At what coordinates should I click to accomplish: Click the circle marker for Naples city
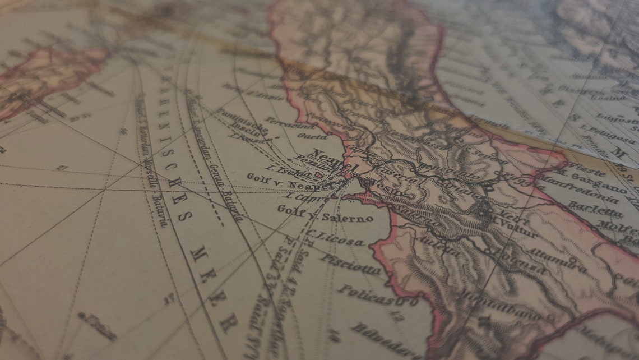354,176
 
